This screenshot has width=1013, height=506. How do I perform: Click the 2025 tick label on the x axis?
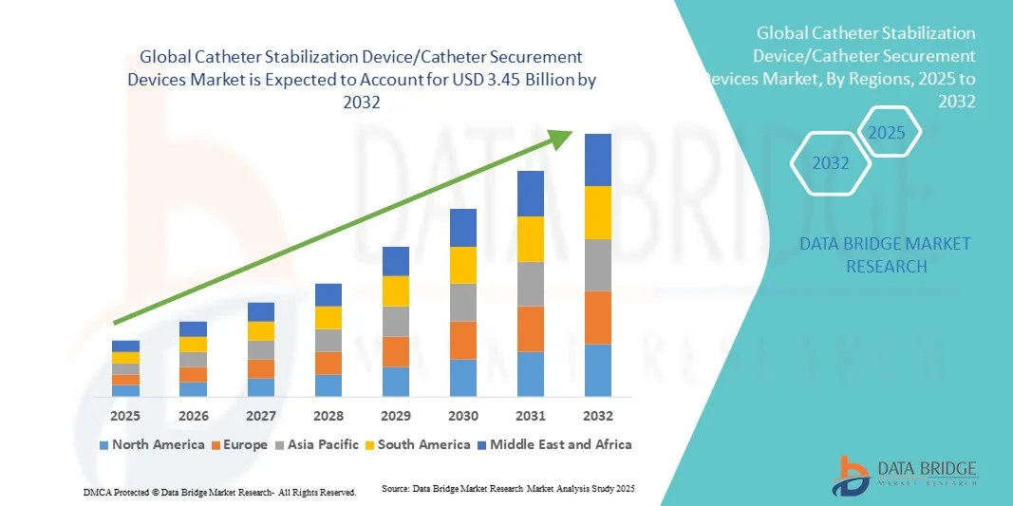[125, 416]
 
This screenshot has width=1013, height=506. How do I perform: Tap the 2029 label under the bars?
[395, 416]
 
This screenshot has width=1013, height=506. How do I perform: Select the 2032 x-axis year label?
[597, 416]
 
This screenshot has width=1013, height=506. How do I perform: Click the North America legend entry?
[151, 444]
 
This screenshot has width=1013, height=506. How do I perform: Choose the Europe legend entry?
[238, 444]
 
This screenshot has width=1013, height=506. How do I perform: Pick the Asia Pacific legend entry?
[318, 444]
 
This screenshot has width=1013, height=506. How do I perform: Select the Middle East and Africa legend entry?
[553, 444]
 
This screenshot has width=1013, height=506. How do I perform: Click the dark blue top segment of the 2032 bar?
[597, 159]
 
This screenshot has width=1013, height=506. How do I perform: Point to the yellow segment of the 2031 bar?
[530, 239]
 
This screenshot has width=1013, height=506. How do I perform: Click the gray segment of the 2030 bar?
[462, 302]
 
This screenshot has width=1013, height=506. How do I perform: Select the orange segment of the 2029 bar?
[395, 351]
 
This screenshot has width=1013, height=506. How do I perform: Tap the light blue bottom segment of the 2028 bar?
[328, 384]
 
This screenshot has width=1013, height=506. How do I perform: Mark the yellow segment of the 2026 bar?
[193, 344]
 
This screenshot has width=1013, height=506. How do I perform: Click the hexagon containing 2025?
[887, 132]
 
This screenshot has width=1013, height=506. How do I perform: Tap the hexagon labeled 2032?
[831, 163]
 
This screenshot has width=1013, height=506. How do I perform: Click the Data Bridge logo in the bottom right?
[903, 476]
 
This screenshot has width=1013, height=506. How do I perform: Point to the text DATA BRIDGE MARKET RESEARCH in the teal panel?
[885, 254]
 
